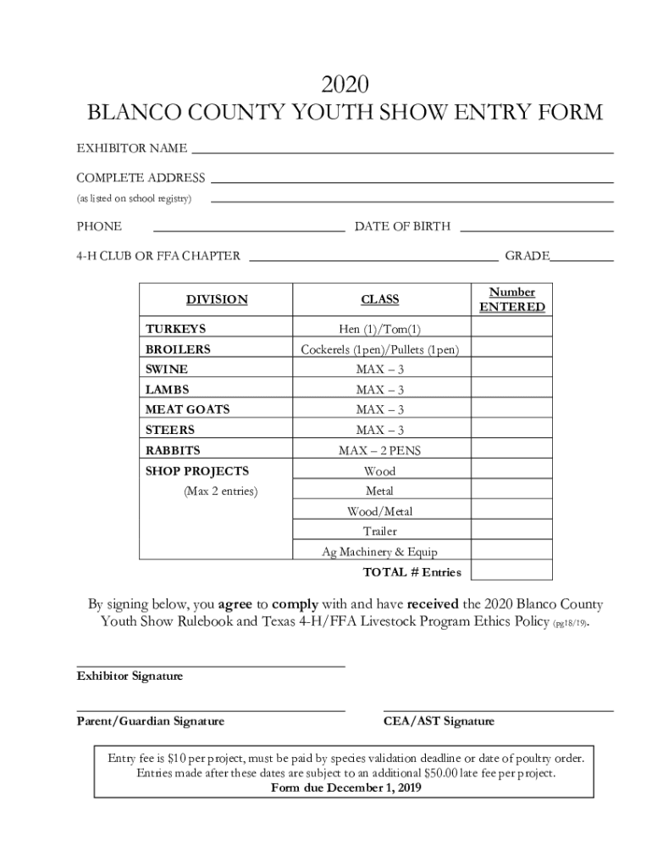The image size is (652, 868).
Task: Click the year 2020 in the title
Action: tap(345, 84)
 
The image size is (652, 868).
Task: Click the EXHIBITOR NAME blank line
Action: tap(402, 149)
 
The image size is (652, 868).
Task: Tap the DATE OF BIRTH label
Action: tap(402, 226)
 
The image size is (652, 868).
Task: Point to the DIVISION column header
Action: tap(217, 299)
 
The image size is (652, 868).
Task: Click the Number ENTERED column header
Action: tap(511, 299)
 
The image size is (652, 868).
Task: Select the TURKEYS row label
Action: tap(175, 328)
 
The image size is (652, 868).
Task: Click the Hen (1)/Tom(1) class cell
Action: tap(379, 329)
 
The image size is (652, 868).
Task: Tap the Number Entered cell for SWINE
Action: tap(511, 370)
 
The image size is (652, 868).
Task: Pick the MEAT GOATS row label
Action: tap(187, 409)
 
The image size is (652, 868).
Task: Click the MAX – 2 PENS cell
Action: tap(379, 450)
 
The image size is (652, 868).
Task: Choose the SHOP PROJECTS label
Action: tap(197, 470)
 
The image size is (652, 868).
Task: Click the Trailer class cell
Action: tap(379, 531)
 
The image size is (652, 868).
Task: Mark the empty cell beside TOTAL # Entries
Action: tap(511, 571)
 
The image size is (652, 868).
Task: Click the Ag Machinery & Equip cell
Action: tap(379, 552)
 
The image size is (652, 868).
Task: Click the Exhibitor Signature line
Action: tap(211, 665)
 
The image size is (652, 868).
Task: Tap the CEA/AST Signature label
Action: tap(439, 721)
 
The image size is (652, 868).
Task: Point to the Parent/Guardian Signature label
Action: tap(151, 721)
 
